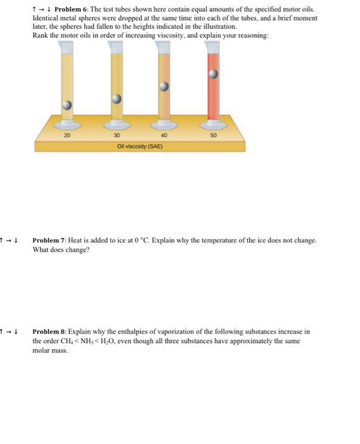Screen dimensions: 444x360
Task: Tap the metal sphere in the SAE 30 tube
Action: pyautogui.click(x=116, y=98)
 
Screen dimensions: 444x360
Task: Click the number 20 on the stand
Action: pyautogui.click(x=68, y=135)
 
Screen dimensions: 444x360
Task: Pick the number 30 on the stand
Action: pyautogui.click(x=117, y=135)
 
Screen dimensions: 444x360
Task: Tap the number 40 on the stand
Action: pyautogui.click(x=165, y=135)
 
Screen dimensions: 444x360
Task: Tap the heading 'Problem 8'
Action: pyautogui.click(x=49, y=332)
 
